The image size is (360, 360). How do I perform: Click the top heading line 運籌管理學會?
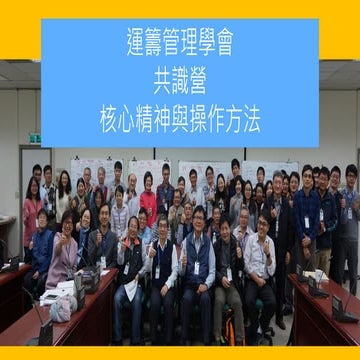tap(180, 43)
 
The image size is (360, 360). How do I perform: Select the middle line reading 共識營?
tap(180, 83)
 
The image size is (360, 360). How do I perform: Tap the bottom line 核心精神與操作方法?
tap(180, 122)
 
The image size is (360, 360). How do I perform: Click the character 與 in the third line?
tap(180, 122)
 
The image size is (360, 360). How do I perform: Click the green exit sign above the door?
tap(34, 138)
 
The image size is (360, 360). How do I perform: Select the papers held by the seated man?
tap(131, 290)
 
